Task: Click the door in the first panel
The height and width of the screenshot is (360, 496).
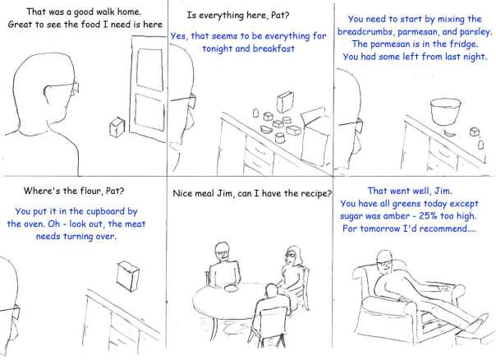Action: [x=148, y=89]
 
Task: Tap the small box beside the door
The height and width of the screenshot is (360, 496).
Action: [x=117, y=127]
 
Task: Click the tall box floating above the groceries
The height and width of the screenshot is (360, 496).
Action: [x=285, y=102]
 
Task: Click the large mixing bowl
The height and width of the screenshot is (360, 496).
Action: [x=445, y=112]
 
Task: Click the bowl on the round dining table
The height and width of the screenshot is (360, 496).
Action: [x=230, y=288]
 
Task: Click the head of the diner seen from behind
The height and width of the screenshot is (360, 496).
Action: [x=272, y=290]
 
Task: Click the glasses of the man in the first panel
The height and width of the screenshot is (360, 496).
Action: [x=62, y=88]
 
